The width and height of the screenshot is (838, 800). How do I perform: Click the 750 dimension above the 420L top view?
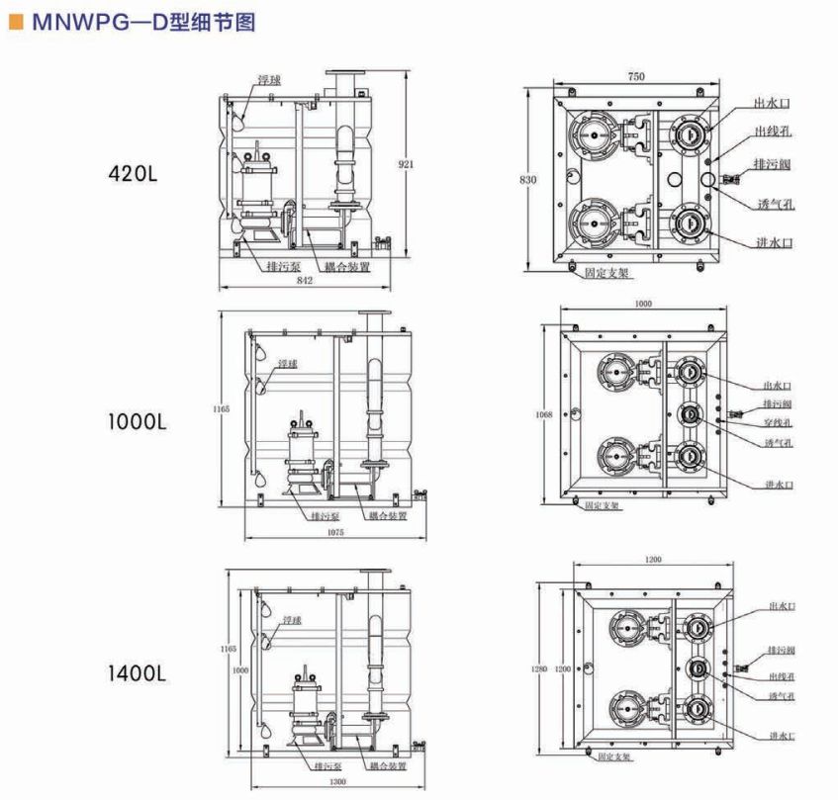(636, 76)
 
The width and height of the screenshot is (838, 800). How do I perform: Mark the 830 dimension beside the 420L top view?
(530, 179)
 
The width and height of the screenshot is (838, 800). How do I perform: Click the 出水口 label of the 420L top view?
(772, 103)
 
